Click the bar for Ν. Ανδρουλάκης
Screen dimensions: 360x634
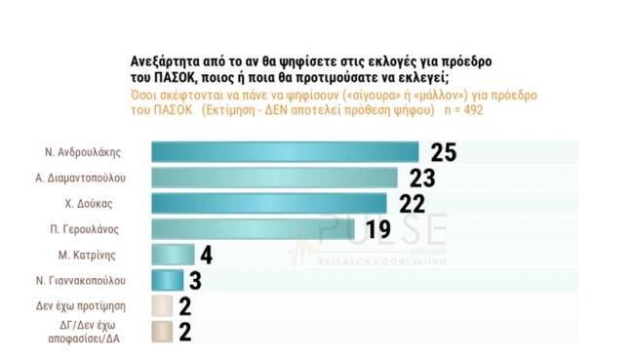pyautogui.click(x=284, y=152)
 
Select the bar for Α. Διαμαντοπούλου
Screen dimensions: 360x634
pyautogui.click(x=274, y=178)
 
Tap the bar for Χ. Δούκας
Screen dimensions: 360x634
pyautogui.click(x=269, y=203)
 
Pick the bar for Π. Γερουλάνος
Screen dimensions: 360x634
pyautogui.click(x=258, y=229)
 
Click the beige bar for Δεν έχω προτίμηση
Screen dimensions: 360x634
pyautogui.click(x=162, y=306)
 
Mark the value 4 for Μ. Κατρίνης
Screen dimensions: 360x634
pyautogui.click(x=205, y=255)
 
